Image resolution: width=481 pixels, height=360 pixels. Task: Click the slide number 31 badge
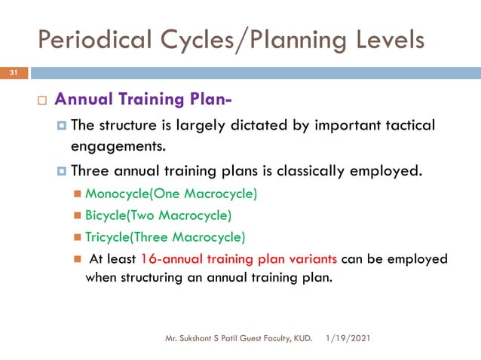14,73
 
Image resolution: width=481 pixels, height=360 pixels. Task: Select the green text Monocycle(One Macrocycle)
171,194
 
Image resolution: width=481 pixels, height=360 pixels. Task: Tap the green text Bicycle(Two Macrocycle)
158,215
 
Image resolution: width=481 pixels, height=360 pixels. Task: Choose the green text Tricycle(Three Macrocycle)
165,237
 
